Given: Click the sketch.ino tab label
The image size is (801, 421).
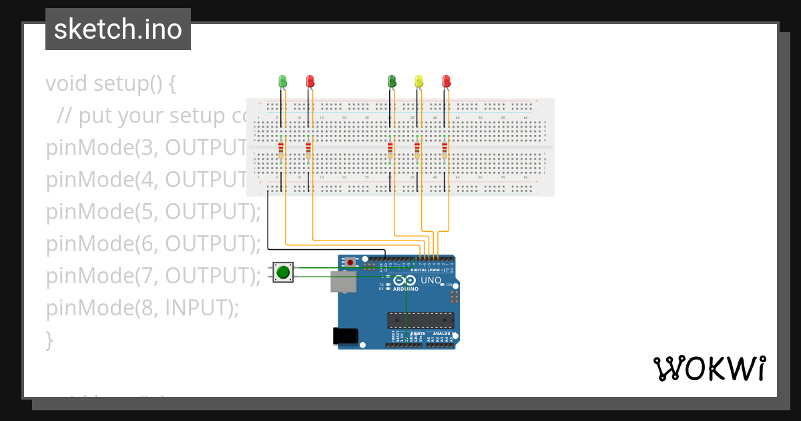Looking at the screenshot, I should tap(118, 29).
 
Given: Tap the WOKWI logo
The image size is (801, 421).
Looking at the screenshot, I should tap(709, 369).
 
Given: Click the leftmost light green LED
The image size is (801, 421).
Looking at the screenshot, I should tap(282, 82).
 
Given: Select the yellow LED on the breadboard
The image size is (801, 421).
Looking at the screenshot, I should tap(419, 82).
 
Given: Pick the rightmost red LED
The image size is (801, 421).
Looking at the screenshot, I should tap(446, 82).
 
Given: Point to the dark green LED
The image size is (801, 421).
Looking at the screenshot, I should tap(392, 82).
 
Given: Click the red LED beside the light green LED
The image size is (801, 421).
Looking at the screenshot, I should tap(310, 82).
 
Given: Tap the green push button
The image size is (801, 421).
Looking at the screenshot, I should tap(283, 272).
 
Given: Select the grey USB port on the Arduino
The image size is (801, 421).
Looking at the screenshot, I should tap(342, 281).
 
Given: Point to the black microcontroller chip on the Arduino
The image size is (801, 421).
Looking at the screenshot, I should tap(421, 321).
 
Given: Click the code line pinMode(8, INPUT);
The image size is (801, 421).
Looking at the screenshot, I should tap(142, 308).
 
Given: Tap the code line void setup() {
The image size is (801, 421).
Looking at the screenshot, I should tap(111, 84).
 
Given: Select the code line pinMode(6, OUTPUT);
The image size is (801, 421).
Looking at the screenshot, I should tap(153, 244).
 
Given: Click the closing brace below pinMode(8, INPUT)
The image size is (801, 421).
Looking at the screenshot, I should tap(49, 340).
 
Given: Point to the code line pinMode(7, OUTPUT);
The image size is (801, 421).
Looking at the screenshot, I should tap(153, 276).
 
